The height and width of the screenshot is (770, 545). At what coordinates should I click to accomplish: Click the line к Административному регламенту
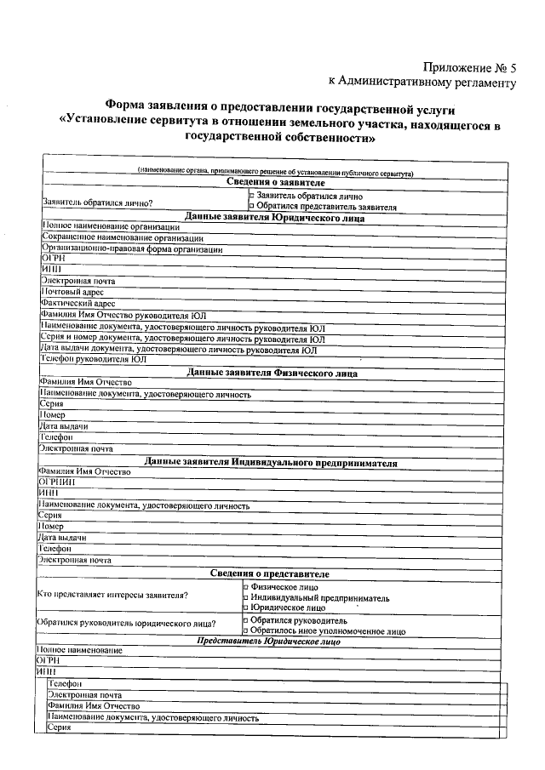point(422,83)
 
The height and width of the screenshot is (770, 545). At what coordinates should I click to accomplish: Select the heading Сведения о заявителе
point(276,183)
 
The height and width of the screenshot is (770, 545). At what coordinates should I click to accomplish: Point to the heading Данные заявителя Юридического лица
point(275,217)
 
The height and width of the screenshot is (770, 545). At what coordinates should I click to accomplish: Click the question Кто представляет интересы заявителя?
point(112,595)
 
